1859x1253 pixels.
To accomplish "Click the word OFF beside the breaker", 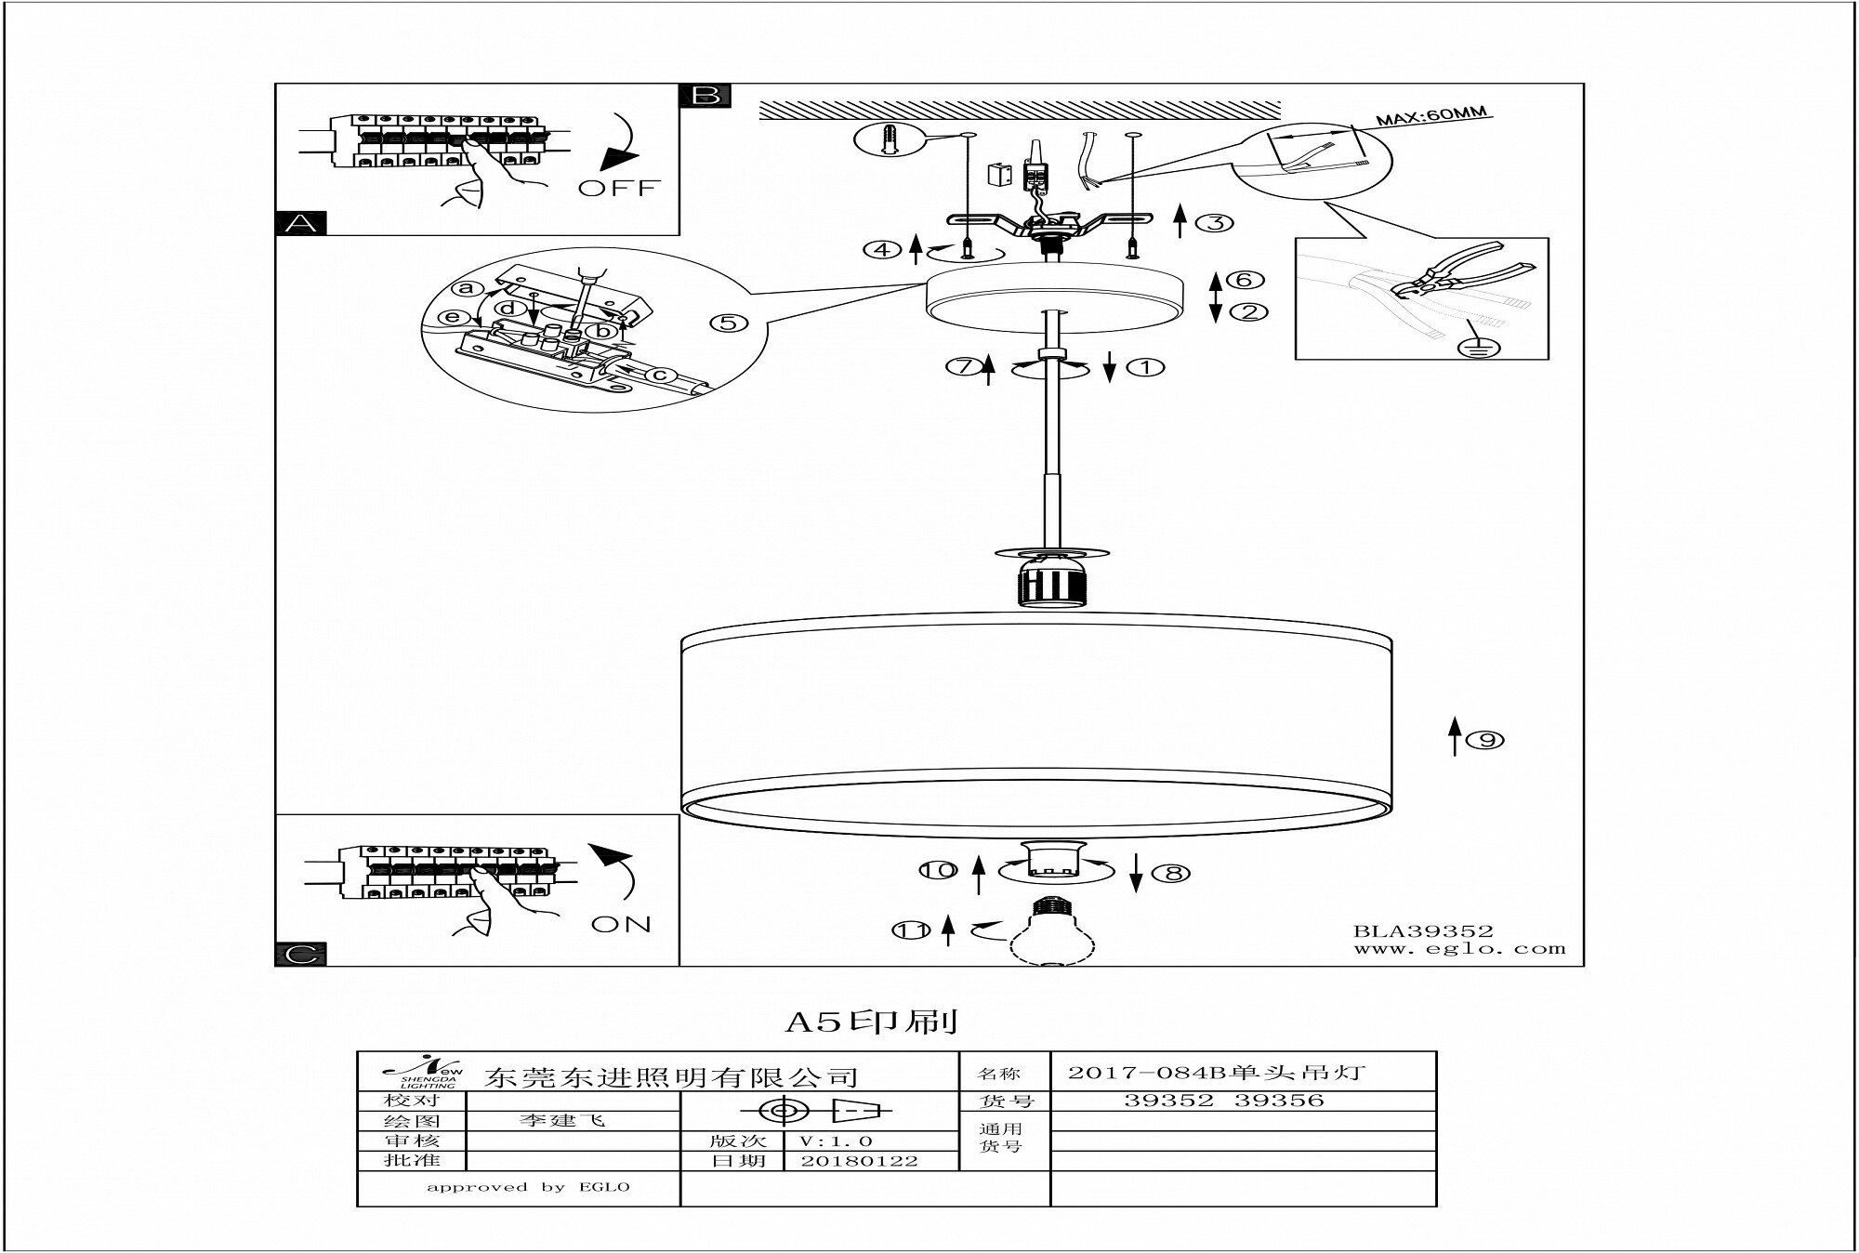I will point(618,188).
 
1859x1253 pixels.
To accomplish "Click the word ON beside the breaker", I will point(621,925).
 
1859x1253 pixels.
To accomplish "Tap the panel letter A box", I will point(301,224).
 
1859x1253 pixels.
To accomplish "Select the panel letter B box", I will point(705,96).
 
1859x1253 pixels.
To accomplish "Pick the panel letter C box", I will point(301,955).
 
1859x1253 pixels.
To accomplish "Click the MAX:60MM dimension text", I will point(1431,118).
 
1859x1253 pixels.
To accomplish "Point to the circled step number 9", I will point(1486,740).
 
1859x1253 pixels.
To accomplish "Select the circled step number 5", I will point(728,323).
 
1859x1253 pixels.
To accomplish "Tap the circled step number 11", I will point(912,930).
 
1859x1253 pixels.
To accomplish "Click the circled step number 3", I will point(1214,223).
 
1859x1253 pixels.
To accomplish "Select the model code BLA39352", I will point(1422,930).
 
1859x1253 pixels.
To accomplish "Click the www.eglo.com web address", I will point(1458,949).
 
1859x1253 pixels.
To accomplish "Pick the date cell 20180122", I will point(859,1161).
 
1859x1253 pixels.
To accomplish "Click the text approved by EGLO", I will point(528,1187).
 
